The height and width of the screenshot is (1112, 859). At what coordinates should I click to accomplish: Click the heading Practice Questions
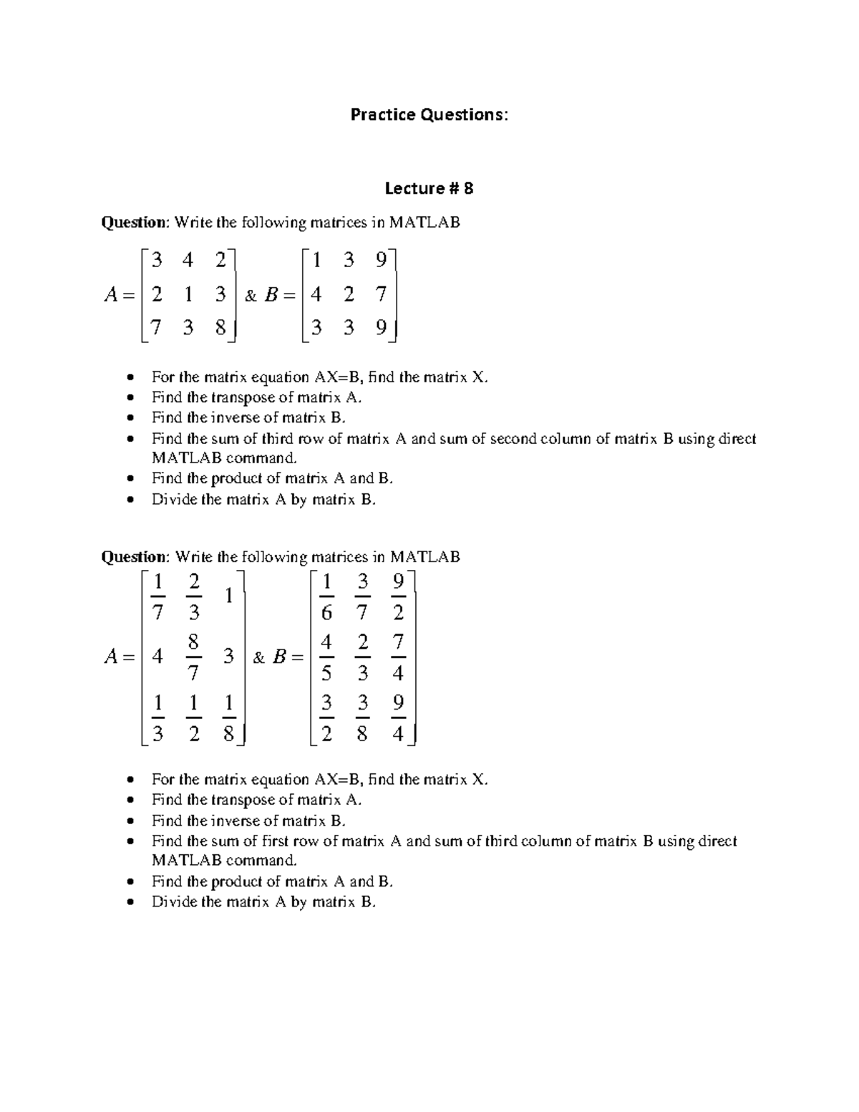[429, 115]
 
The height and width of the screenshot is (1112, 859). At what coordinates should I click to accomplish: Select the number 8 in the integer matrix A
[220, 328]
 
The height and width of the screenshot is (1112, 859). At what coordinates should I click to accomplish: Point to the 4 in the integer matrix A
[188, 259]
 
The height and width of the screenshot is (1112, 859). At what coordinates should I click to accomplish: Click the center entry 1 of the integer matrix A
[188, 294]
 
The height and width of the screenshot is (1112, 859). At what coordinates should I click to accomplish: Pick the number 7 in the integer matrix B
[381, 294]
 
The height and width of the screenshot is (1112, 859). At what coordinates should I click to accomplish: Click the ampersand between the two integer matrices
[251, 295]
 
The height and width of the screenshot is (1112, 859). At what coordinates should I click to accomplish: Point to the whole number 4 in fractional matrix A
[157, 656]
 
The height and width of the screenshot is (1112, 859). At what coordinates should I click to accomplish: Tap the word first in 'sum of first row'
[278, 841]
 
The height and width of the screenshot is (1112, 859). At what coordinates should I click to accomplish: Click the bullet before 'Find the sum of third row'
[129, 439]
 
